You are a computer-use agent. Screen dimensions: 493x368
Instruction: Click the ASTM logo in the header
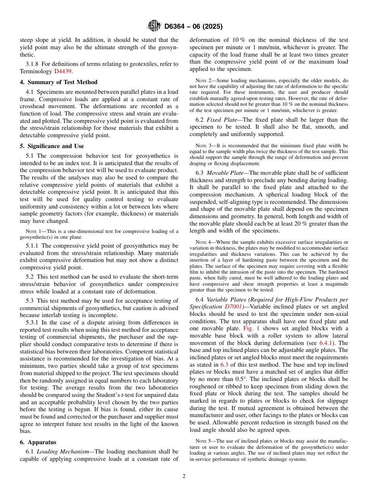click(x=154, y=26)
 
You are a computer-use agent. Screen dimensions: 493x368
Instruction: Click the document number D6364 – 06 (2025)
click(x=193, y=27)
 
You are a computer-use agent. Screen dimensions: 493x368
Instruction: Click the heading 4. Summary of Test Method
click(x=58, y=82)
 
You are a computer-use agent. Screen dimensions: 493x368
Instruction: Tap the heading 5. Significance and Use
click(x=52, y=146)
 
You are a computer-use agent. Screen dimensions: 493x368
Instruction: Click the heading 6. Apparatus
click(x=38, y=442)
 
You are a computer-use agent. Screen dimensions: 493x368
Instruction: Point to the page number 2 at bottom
click(x=184, y=476)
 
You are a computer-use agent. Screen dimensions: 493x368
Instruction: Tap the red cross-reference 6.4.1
click(x=326, y=343)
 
